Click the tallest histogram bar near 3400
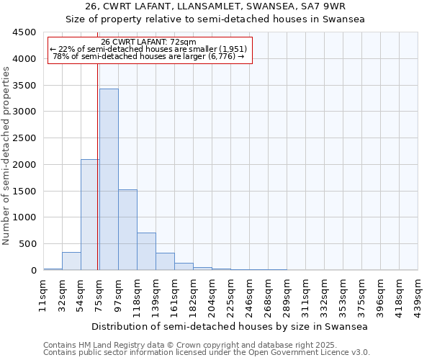pos(109,179)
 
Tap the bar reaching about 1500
pos(127,230)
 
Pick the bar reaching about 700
pos(146,251)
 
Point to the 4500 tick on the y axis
pos(24,33)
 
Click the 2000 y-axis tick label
pos(24,165)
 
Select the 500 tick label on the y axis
pos(27,244)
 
